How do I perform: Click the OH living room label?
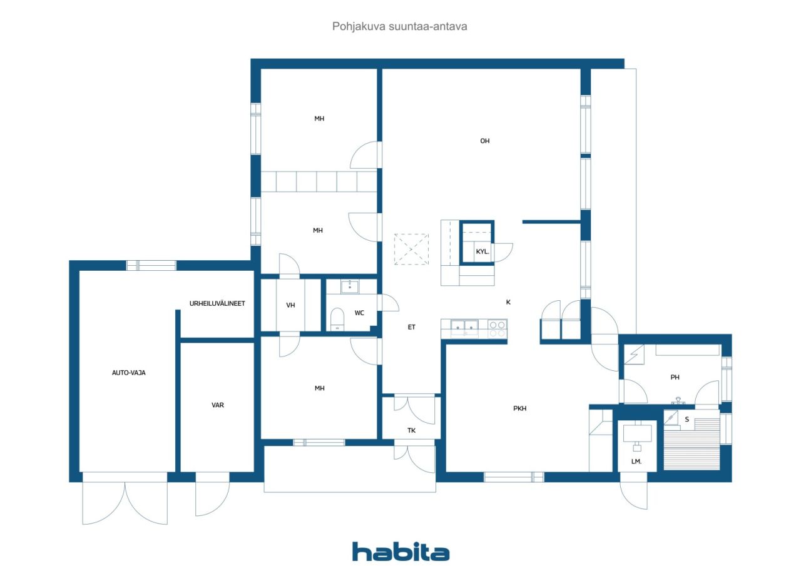484,141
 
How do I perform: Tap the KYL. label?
482,251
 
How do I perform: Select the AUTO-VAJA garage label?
129,373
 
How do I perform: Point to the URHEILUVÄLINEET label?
217,303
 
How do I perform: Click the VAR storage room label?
217,405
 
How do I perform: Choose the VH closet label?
290,305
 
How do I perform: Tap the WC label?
359,313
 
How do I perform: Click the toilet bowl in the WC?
337,319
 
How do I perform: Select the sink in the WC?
350,286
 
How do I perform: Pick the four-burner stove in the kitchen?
497,329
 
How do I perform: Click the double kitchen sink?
464,328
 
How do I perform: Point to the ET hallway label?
411,327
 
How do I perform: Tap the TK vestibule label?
411,430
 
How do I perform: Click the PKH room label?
519,408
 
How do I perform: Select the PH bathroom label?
675,377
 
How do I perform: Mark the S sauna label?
686,419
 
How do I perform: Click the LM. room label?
636,462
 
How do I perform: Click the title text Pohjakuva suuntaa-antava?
399,26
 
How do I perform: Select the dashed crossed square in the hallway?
411,249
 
